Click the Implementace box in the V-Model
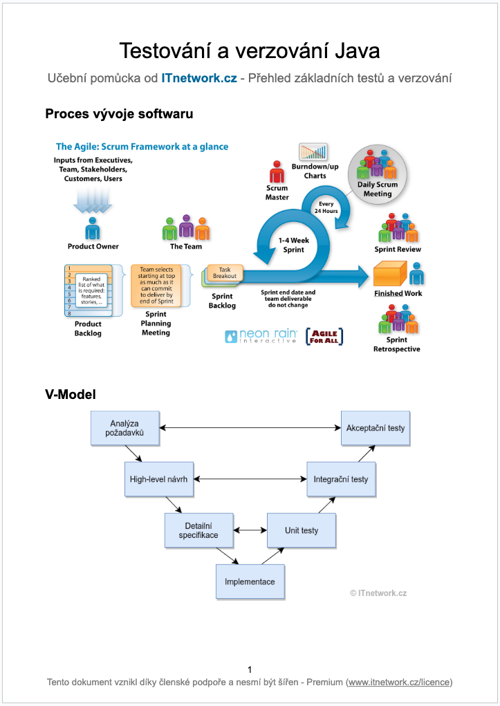click(250, 582)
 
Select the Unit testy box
click(302, 531)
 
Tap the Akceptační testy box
click(376, 428)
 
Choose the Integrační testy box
click(341, 479)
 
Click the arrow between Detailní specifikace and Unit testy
click(250, 531)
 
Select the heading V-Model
click(70, 395)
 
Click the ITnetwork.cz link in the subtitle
click(198, 78)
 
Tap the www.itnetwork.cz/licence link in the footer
click(399, 682)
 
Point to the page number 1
click(250, 669)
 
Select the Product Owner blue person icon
click(93, 229)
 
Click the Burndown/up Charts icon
click(313, 152)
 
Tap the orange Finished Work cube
click(390, 275)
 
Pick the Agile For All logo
click(324, 336)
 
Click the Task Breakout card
click(225, 272)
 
